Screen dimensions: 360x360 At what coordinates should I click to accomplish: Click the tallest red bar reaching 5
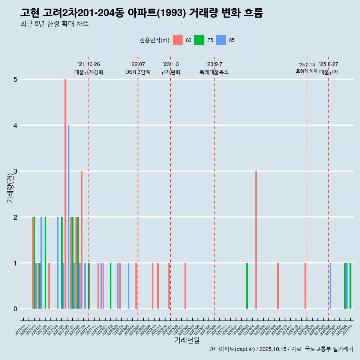coord(65,194)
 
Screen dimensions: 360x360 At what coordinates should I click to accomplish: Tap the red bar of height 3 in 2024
coord(256,240)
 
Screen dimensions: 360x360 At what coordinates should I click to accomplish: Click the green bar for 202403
coord(247,286)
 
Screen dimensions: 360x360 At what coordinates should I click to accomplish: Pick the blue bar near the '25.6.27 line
coord(330,286)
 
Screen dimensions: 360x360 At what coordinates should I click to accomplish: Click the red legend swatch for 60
coord(178,40)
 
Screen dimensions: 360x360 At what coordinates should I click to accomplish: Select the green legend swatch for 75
coord(199,40)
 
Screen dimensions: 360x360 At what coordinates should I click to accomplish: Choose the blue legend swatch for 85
coord(221,40)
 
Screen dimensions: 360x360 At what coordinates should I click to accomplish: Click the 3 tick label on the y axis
coord(15,171)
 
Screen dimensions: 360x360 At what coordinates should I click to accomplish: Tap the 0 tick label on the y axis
coord(15,309)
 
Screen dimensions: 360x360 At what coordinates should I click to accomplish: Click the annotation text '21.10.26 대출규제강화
coord(89,68)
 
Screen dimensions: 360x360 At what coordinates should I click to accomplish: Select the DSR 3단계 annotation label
coord(138,72)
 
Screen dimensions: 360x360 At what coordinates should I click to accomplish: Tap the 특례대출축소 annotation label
coord(214,72)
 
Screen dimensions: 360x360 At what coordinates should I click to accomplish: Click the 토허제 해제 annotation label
coord(307,71)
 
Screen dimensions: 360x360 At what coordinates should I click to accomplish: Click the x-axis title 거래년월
coord(187,340)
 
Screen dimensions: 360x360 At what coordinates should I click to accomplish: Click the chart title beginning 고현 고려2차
coord(142,13)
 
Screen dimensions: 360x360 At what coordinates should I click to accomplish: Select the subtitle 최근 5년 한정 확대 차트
coord(54,24)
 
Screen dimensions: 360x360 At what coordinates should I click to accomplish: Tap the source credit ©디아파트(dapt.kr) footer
coord(281,349)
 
